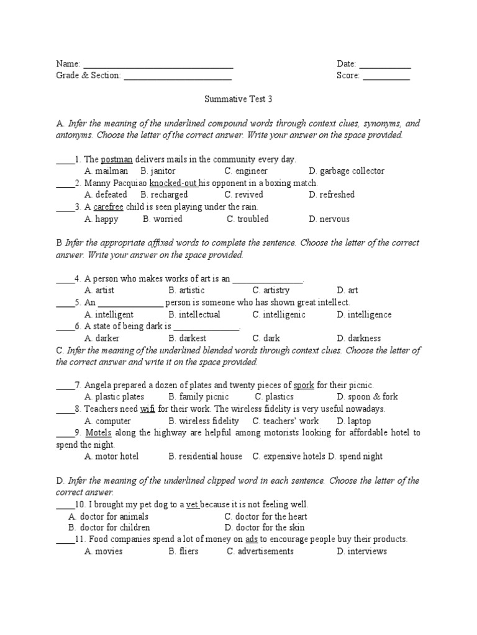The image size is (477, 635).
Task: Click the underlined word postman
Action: click(x=117, y=159)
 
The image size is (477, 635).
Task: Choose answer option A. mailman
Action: click(x=106, y=171)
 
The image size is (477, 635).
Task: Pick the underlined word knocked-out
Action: click(x=173, y=184)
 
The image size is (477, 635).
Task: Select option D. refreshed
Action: click(x=332, y=195)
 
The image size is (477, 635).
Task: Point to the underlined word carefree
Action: click(x=112, y=207)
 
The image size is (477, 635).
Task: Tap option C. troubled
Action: click(x=248, y=219)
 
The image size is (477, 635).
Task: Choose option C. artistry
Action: click(x=271, y=290)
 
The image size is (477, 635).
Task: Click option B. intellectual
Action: click(x=194, y=314)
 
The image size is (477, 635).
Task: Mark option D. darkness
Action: click(x=359, y=339)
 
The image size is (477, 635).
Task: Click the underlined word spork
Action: click(x=304, y=385)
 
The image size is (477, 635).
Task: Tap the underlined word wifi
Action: click(x=147, y=409)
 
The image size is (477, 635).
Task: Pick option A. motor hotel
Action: click(x=111, y=456)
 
